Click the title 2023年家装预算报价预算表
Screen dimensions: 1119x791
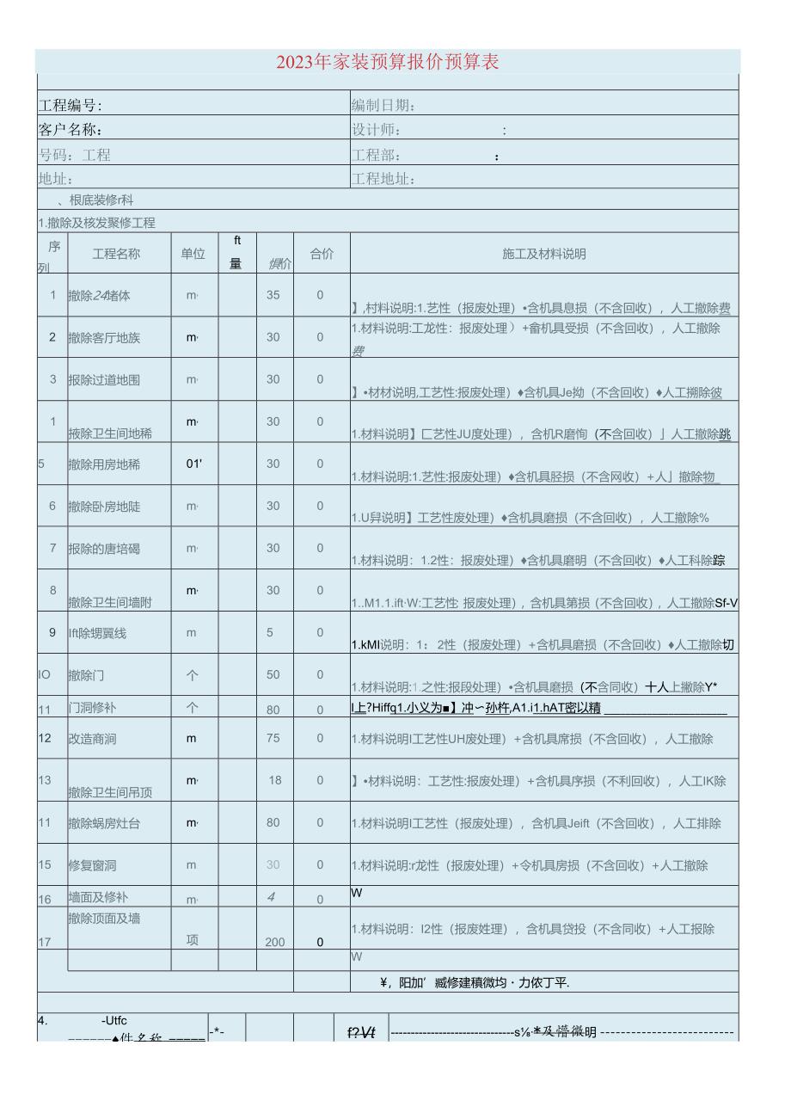[x=388, y=62]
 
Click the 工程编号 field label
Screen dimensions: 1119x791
[x=71, y=106]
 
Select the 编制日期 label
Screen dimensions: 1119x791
[x=383, y=106]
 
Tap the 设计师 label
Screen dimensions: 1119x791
[x=377, y=131]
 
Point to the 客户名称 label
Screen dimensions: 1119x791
[x=71, y=131]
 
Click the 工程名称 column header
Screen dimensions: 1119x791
[x=116, y=254]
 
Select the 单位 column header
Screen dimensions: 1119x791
[x=193, y=254]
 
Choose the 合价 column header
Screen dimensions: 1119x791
[x=322, y=254]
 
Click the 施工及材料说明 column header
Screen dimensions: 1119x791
[x=544, y=254]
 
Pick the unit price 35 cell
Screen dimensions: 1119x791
[x=273, y=294]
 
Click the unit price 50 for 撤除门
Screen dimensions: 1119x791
[x=273, y=674]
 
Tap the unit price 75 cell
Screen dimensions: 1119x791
[x=273, y=738]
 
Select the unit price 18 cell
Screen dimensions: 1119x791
[x=275, y=780]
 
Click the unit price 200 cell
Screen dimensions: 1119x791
[x=274, y=942]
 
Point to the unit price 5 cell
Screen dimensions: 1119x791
[x=270, y=632]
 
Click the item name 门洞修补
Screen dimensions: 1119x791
[x=92, y=709]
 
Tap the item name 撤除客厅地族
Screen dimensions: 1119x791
[x=104, y=337]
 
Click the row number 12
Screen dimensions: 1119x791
[x=45, y=738]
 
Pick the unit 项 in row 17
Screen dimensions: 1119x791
[x=193, y=940]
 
